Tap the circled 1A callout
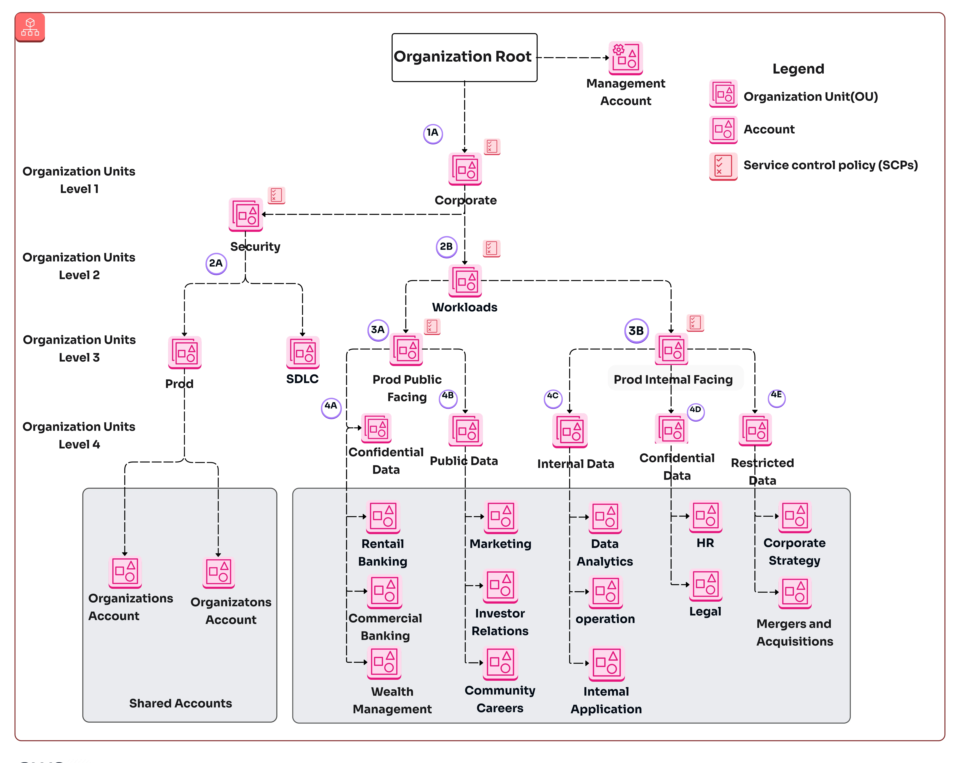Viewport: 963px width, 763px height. [x=432, y=133]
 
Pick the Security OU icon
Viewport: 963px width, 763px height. [x=246, y=215]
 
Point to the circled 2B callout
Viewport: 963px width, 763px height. [x=446, y=247]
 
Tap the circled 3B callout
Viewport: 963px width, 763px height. [x=636, y=331]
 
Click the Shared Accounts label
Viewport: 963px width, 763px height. [x=180, y=703]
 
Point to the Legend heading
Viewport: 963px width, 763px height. [x=798, y=69]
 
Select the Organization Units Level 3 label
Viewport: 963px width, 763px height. [x=79, y=348]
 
